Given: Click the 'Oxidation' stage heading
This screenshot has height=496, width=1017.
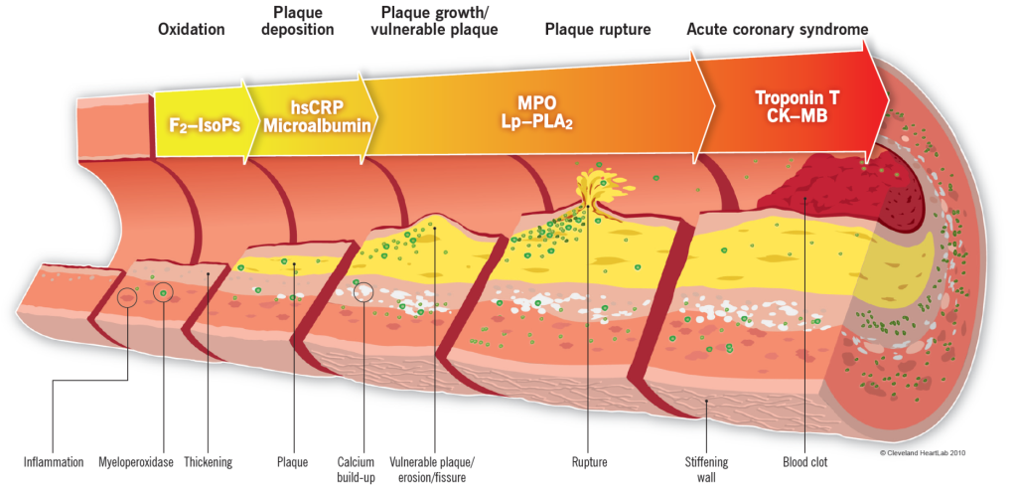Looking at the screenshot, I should (x=192, y=29).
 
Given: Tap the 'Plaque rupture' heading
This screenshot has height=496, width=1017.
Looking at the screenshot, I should (x=598, y=29).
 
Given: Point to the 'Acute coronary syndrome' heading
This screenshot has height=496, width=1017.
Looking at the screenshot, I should (x=778, y=29).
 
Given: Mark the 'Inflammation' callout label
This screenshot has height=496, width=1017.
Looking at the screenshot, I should (x=54, y=462).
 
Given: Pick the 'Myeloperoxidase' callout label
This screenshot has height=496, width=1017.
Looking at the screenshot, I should (x=135, y=462).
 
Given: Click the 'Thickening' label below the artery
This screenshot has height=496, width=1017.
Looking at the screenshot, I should (x=209, y=462).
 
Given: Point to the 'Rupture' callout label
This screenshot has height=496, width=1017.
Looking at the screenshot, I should (x=589, y=462).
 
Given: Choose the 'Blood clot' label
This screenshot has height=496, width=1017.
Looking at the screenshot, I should (x=804, y=462).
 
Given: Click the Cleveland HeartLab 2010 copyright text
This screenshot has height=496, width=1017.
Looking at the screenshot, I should (x=923, y=452).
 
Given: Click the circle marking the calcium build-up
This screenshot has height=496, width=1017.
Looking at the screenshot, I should (x=364, y=291).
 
